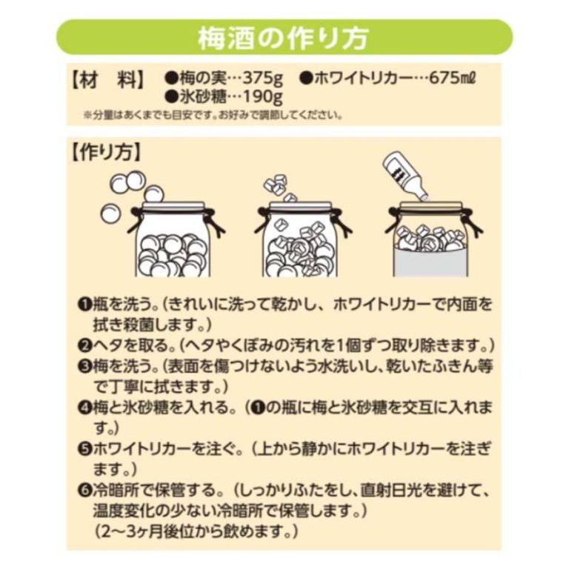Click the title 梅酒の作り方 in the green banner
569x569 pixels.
(284, 37)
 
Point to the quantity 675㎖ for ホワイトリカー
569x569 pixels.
(452, 78)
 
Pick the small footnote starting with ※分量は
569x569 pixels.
(213, 116)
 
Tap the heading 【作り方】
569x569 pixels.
(106, 153)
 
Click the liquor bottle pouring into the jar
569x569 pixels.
(405, 176)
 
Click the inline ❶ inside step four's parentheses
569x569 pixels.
(258, 408)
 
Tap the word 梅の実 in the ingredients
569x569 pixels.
(203, 79)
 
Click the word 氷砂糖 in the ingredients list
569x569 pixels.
(203, 97)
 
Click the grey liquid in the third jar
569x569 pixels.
(430, 262)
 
